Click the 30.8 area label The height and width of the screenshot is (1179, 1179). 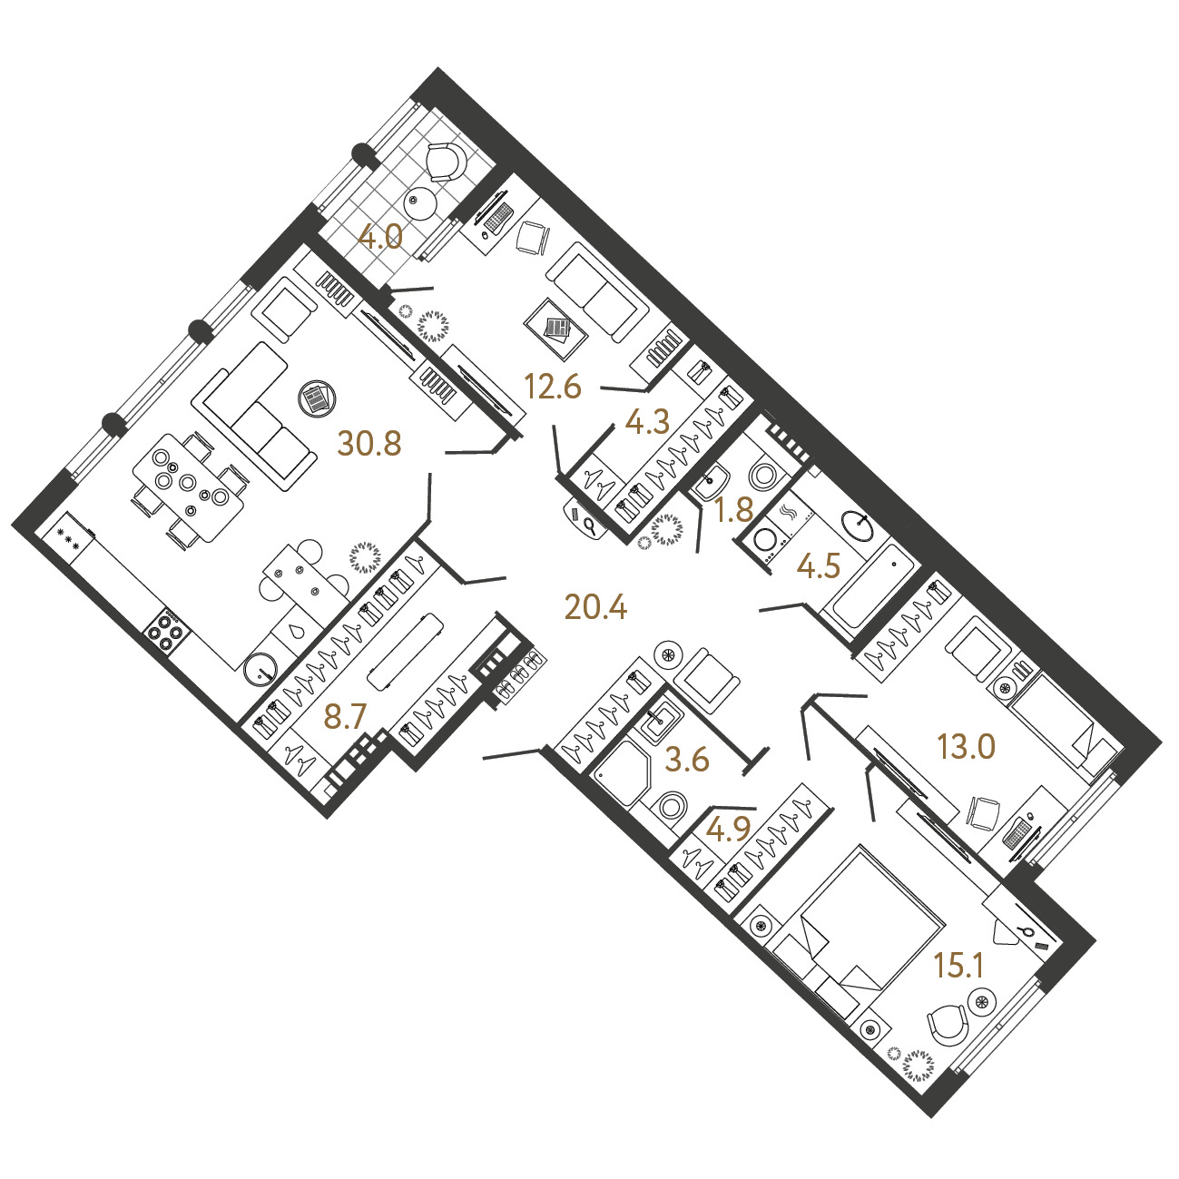click(369, 444)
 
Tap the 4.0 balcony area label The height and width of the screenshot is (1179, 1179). click(380, 238)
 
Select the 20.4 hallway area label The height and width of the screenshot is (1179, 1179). click(596, 608)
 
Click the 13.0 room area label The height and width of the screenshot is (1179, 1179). click(967, 747)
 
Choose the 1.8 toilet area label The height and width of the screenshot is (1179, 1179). click(734, 510)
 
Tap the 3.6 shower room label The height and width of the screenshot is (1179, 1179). click(687, 761)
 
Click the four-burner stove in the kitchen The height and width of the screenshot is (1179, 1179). click(167, 633)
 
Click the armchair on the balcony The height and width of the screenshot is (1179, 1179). click(447, 162)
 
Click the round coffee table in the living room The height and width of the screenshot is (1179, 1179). click(317, 399)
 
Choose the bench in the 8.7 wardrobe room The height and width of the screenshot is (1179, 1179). click(405, 652)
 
